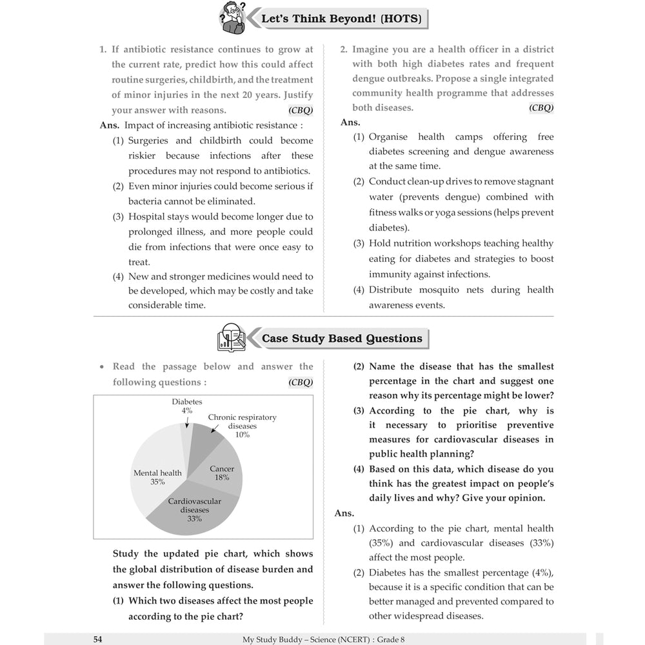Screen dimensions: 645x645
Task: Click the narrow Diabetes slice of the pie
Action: (186, 439)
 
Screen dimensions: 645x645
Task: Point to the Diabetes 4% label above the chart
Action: (187, 406)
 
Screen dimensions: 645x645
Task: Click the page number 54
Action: (97, 639)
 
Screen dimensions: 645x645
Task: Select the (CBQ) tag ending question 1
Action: (301, 110)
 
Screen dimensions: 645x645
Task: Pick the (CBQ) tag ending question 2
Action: (541, 108)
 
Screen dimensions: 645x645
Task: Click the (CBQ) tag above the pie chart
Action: (301, 382)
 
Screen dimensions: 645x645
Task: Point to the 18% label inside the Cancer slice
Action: (222, 478)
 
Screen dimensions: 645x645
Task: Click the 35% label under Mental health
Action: (157, 482)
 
